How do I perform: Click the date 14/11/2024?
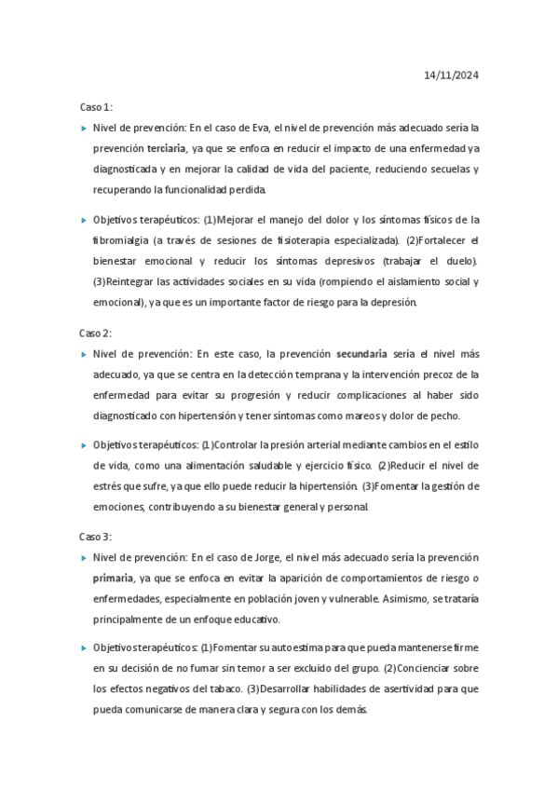coord(451,75)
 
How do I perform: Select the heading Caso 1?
coord(95,107)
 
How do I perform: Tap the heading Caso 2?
coord(95,333)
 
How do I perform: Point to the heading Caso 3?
coord(95,537)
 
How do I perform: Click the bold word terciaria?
coord(166,148)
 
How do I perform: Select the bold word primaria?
coord(113,579)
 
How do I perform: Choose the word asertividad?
coord(407,688)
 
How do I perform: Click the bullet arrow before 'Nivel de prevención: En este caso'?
coord(83,354)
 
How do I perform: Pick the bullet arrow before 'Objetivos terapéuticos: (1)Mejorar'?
coord(83,221)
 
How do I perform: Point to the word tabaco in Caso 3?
coord(217,688)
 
